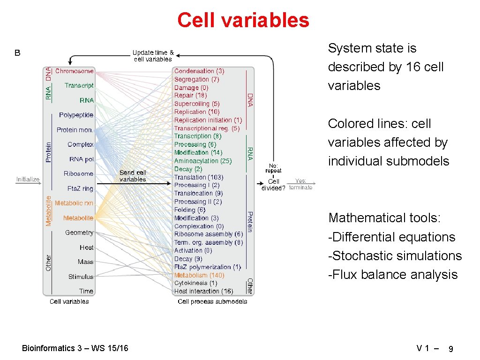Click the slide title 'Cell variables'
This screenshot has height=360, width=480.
tap(243, 20)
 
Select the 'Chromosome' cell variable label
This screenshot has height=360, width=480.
tap(75, 71)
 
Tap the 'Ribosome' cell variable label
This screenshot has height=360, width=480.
tap(78, 173)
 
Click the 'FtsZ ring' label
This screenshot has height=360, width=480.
tap(80, 188)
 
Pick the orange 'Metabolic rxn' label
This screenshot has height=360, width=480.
tap(74, 203)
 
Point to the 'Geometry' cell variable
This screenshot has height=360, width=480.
tap(79, 232)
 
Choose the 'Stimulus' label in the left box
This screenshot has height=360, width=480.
tap(81, 277)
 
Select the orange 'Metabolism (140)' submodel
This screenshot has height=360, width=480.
tap(199, 275)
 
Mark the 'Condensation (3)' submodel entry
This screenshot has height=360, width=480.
tap(199, 71)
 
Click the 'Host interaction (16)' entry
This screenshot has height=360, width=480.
tap(203, 291)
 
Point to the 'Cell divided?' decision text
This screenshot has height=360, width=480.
tap(273, 185)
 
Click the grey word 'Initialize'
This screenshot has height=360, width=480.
tap(28, 179)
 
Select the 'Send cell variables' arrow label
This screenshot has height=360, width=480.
tap(133, 176)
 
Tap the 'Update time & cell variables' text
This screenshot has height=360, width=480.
tap(153, 56)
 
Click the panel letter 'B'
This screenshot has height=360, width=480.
tap(17, 53)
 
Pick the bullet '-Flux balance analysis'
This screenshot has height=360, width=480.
tap(393, 274)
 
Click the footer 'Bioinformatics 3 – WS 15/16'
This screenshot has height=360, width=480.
tap(75, 348)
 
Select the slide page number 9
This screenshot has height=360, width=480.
tap(450, 349)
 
